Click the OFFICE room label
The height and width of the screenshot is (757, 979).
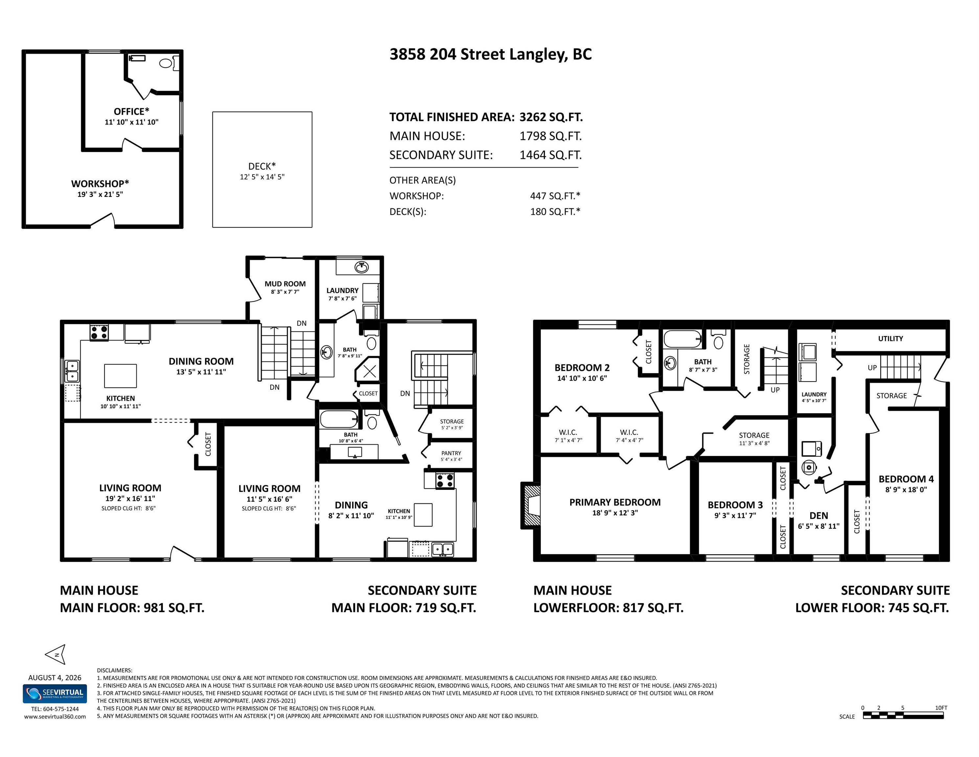[131, 111]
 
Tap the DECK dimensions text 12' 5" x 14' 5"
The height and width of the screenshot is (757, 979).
[262, 177]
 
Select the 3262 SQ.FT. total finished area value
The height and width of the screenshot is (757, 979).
[551, 117]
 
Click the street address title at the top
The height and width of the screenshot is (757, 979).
[490, 54]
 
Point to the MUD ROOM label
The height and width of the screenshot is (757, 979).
[285, 284]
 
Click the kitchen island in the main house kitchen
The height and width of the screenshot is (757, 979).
[121, 376]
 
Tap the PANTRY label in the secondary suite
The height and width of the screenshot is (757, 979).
[451, 453]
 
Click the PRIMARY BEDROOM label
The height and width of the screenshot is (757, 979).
[615, 502]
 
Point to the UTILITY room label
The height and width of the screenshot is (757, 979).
[890, 339]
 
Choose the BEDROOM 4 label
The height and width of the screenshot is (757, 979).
[906, 479]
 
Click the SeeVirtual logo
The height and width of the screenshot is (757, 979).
[55, 694]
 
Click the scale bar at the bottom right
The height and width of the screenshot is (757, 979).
[903, 716]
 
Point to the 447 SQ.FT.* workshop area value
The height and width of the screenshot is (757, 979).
[555, 196]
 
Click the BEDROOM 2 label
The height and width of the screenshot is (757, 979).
[582, 368]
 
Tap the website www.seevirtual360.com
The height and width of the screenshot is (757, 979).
[55, 717]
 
